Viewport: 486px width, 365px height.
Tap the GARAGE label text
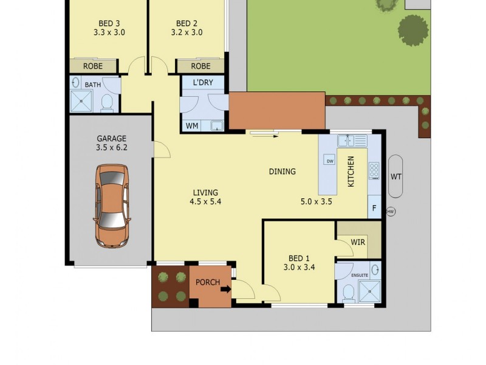pos(111,137)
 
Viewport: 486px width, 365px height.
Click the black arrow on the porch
pos(225,290)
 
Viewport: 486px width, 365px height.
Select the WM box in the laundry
pos(191,126)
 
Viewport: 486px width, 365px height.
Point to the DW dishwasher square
pos(330,161)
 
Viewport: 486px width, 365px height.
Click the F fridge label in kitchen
pos(374,207)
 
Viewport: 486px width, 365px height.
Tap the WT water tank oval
pos(396,176)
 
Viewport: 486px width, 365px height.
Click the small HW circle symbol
pos(391,212)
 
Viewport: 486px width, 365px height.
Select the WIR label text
pos(358,242)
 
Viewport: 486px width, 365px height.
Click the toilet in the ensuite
pos(349,294)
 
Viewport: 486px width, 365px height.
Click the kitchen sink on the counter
pos(352,141)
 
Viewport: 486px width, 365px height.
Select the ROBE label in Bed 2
pos(200,66)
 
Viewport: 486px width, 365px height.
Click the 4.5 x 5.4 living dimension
pos(205,202)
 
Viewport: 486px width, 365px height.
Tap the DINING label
pos(282,172)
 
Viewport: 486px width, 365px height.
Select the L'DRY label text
pos(203,83)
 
